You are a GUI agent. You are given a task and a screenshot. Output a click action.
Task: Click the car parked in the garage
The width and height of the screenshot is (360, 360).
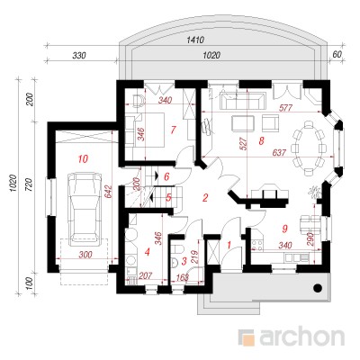[84, 209]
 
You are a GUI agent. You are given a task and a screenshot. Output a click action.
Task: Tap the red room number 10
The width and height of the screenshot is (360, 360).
[83, 158]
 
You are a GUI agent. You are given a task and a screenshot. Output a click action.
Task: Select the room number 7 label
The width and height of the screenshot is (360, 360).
[173, 130]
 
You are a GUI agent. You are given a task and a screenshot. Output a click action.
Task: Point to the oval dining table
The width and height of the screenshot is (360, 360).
[309, 148]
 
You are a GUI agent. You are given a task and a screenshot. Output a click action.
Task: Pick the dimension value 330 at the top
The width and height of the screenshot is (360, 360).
[79, 56]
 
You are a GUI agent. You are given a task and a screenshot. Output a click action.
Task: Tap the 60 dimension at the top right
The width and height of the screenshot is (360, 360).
[337, 54]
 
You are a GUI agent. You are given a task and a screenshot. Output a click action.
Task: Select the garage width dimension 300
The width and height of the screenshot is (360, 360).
[85, 255]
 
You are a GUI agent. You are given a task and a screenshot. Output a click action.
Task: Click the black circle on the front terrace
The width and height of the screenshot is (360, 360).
[318, 288]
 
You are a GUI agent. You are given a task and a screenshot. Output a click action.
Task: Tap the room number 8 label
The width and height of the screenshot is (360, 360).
[261, 140]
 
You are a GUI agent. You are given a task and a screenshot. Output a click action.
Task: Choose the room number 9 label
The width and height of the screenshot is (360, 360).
[284, 229]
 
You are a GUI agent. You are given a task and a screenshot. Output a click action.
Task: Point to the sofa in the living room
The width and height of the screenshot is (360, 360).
[243, 101]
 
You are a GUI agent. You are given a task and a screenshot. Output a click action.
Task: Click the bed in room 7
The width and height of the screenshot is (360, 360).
[148, 130]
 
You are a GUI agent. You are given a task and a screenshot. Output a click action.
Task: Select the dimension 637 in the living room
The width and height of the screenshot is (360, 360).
[279, 153]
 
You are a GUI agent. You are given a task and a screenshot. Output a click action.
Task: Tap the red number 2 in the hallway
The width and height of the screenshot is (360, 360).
[205, 198]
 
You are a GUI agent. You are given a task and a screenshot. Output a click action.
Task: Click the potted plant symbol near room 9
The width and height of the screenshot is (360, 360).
[315, 191]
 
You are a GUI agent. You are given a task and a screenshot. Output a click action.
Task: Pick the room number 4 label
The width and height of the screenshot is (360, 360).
[147, 252]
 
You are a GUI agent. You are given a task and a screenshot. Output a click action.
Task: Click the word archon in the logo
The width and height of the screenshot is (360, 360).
[301, 337]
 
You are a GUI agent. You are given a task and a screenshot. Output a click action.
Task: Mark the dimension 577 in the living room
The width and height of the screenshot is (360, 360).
[285, 108]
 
